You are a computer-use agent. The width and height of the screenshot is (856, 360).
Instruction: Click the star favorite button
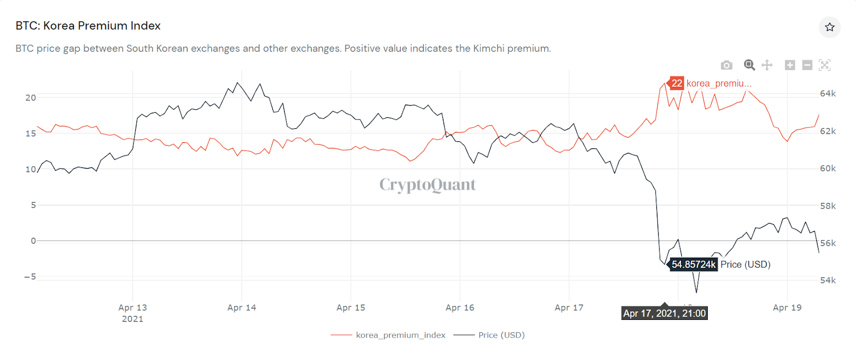pos(829,27)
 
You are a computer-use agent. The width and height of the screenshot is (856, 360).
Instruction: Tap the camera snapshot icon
pos(727,65)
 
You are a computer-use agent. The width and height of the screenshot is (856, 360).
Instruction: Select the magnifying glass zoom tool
pos(750,65)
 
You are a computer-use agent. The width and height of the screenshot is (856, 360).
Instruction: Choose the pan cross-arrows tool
pos(767,65)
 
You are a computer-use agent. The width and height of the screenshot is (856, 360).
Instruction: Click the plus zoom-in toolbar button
pos(790,65)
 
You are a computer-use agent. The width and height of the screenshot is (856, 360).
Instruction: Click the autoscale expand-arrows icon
pos(824,65)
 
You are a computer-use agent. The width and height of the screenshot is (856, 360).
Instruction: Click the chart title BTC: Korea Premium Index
pos(88,26)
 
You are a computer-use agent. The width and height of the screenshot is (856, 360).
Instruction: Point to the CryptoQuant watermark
pos(427,185)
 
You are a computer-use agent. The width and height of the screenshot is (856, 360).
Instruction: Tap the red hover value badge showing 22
pos(677,83)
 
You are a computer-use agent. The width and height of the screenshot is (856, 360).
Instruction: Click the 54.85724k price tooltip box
pos(693,264)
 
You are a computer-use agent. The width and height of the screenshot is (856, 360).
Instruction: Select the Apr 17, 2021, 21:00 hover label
pos(664,313)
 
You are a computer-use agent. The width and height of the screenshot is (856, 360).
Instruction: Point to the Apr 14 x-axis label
pos(242,308)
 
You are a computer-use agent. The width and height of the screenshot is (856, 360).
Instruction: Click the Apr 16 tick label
pos(460,308)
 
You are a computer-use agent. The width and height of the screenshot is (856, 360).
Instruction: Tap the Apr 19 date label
pos(787,308)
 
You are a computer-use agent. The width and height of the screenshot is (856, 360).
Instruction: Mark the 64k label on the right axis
pos(828,94)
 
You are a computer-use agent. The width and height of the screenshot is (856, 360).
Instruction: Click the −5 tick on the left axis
pos(30,277)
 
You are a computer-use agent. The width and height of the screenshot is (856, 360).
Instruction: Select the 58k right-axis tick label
pos(828,206)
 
